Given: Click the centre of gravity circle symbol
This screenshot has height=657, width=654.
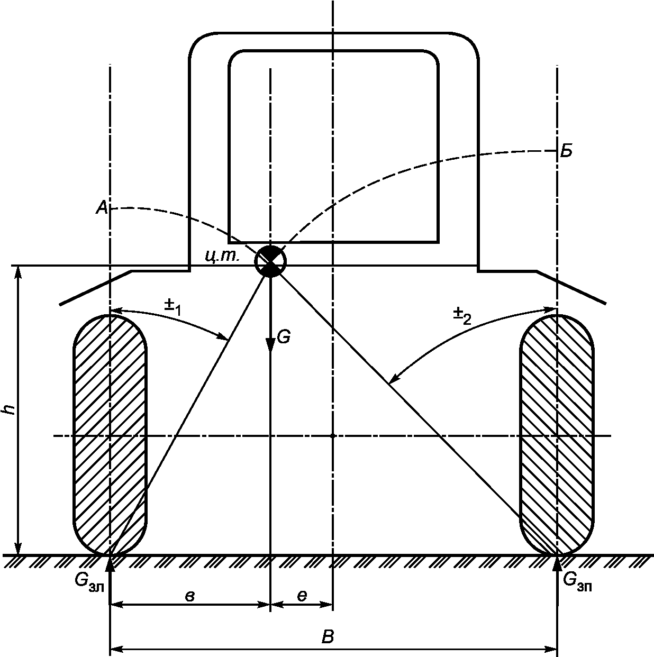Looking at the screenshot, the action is (270, 261).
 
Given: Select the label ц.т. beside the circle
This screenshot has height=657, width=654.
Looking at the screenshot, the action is (222, 255).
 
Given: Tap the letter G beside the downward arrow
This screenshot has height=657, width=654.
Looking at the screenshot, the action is (284, 337).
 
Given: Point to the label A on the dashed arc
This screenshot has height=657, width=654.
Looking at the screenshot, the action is (102, 207).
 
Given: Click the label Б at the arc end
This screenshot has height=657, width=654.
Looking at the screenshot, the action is (566, 152).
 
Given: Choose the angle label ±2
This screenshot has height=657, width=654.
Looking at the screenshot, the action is (462, 316).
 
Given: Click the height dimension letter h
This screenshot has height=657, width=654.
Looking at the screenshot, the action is (11, 409).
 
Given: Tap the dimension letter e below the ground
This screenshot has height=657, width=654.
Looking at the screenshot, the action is (302, 596).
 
